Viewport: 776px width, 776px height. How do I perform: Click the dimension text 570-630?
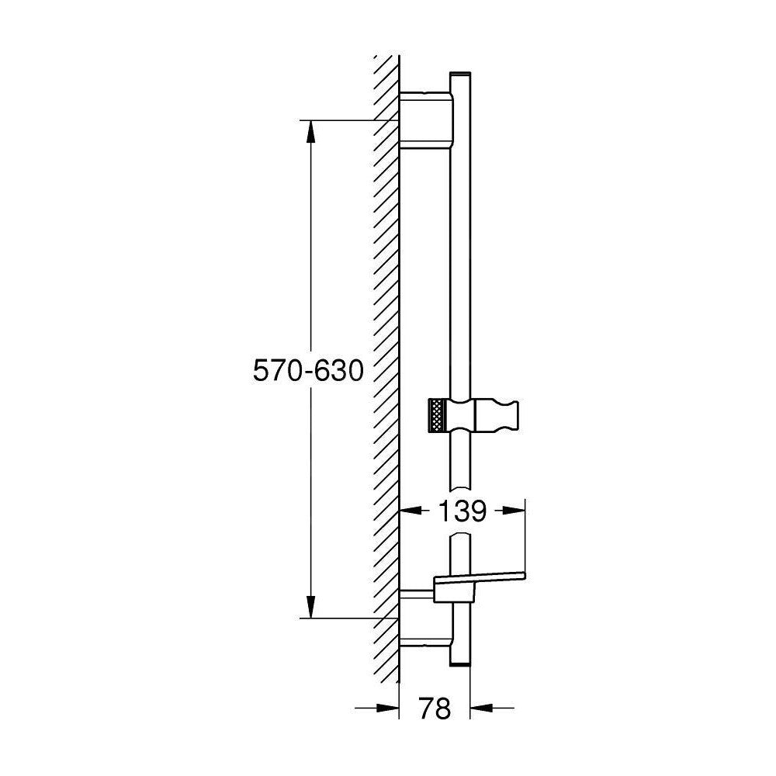[308, 372]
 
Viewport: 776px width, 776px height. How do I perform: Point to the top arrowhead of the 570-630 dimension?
[310, 133]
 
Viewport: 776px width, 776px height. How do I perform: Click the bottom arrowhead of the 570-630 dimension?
[310, 605]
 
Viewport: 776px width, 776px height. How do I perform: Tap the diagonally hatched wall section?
[386, 349]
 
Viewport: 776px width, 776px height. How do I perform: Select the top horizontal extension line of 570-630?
[341, 120]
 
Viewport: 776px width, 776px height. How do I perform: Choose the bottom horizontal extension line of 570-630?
[341, 618]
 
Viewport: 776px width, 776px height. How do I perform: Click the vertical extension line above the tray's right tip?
[525, 535]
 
